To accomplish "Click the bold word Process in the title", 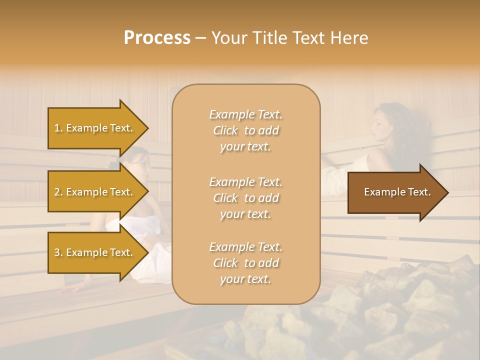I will [157, 38].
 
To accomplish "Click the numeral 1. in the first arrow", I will [58, 128].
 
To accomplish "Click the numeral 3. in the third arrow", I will [58, 252].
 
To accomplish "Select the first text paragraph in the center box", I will [245, 130].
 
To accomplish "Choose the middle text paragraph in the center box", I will [245, 198].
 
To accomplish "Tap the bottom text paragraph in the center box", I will [245, 263].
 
